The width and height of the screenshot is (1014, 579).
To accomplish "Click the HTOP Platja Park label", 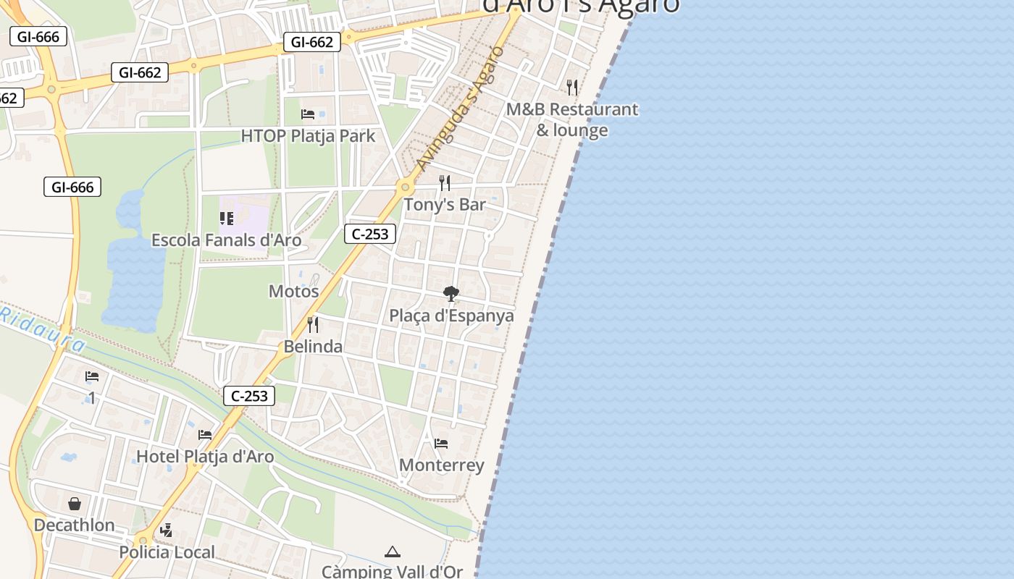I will pos(308,135).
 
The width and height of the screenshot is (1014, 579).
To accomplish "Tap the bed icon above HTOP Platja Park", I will pos(308,114).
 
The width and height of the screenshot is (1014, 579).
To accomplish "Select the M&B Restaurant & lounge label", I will pos(572,120).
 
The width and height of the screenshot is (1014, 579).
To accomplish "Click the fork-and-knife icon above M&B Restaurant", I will pos(572,88).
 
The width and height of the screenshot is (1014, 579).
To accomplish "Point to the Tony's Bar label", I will pos(445,205).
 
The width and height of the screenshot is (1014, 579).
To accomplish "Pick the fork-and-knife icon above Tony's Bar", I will pos(445,183).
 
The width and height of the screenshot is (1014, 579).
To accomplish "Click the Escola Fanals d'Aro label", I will pos(226,240).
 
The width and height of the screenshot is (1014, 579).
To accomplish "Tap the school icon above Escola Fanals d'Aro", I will pos(227,218).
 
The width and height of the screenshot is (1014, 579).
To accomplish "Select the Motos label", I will pos(294,291).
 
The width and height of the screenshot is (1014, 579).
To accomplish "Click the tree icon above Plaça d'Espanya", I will pos(451,294).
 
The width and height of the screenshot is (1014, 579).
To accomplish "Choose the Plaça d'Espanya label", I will pos(451,316).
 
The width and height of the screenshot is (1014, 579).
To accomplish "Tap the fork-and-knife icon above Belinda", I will pos(313,324).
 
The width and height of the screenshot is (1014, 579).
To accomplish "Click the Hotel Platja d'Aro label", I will pos(205,456).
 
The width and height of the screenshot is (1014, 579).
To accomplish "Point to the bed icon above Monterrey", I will pos(441,443).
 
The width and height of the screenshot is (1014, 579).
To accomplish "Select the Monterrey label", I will pos(441,465).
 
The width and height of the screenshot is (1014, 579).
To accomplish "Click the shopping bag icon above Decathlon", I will pos(75,503).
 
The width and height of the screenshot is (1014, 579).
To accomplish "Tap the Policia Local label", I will pos(167,552).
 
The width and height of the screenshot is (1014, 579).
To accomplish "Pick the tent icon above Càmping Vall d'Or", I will pos(392,552).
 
